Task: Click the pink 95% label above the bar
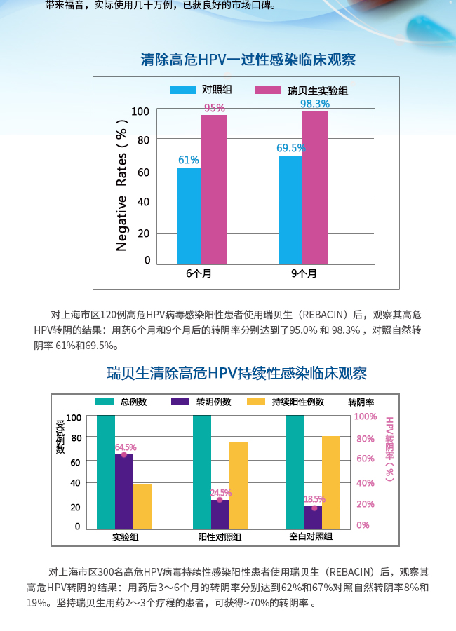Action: pos(215,108)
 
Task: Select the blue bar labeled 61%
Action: pos(189,216)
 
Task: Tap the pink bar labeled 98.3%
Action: pos(315,188)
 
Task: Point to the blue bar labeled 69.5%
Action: pos(290,210)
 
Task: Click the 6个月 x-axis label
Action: pos(199,273)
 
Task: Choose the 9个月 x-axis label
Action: pos(304,273)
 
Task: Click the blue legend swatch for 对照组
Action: pos(182,90)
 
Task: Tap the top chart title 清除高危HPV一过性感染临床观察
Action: pos(248,60)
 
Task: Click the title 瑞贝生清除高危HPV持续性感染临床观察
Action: pos(236,373)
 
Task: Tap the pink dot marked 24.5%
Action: pos(220,499)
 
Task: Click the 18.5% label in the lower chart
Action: pos(314,499)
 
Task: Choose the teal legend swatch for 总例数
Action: pos(105,402)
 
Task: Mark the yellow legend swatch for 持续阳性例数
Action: pos(257,402)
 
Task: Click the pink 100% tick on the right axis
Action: pos(366,416)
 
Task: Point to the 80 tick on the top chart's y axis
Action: pos(144,140)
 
